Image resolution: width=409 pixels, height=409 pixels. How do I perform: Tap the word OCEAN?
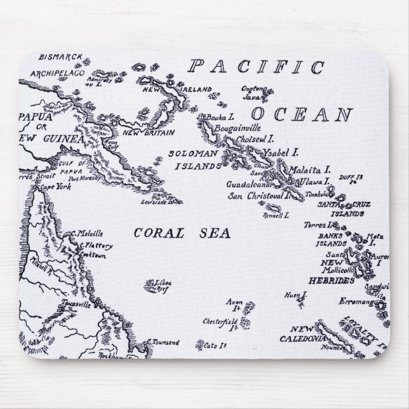coord(302,115)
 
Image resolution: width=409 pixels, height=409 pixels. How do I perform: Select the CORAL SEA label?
coord(182,232)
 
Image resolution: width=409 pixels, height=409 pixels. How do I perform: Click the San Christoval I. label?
coord(258,195)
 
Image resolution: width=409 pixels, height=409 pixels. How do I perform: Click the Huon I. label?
coord(295,295)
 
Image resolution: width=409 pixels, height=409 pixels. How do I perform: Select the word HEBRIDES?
coord(326,279)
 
